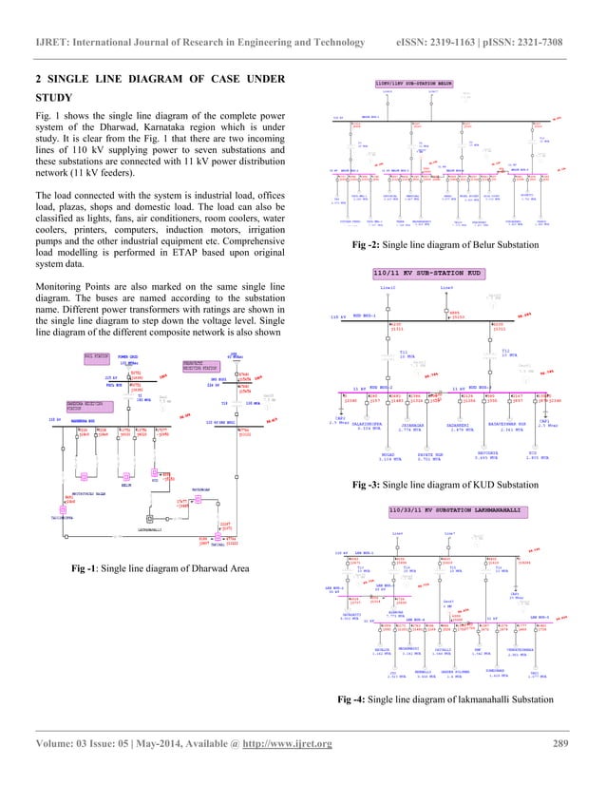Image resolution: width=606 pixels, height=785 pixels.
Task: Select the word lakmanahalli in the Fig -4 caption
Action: pos(471,727)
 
